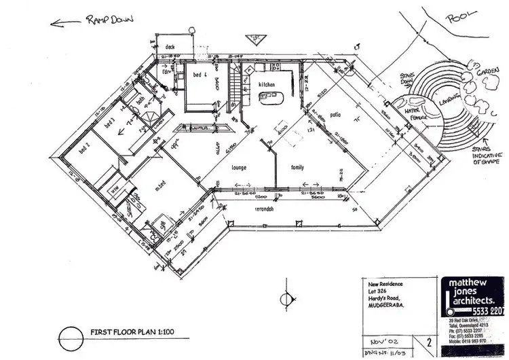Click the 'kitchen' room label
click(265, 84)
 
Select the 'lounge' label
click(238, 166)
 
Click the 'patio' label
click(335, 115)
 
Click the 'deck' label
click(170, 47)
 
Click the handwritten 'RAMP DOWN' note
click(111, 20)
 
